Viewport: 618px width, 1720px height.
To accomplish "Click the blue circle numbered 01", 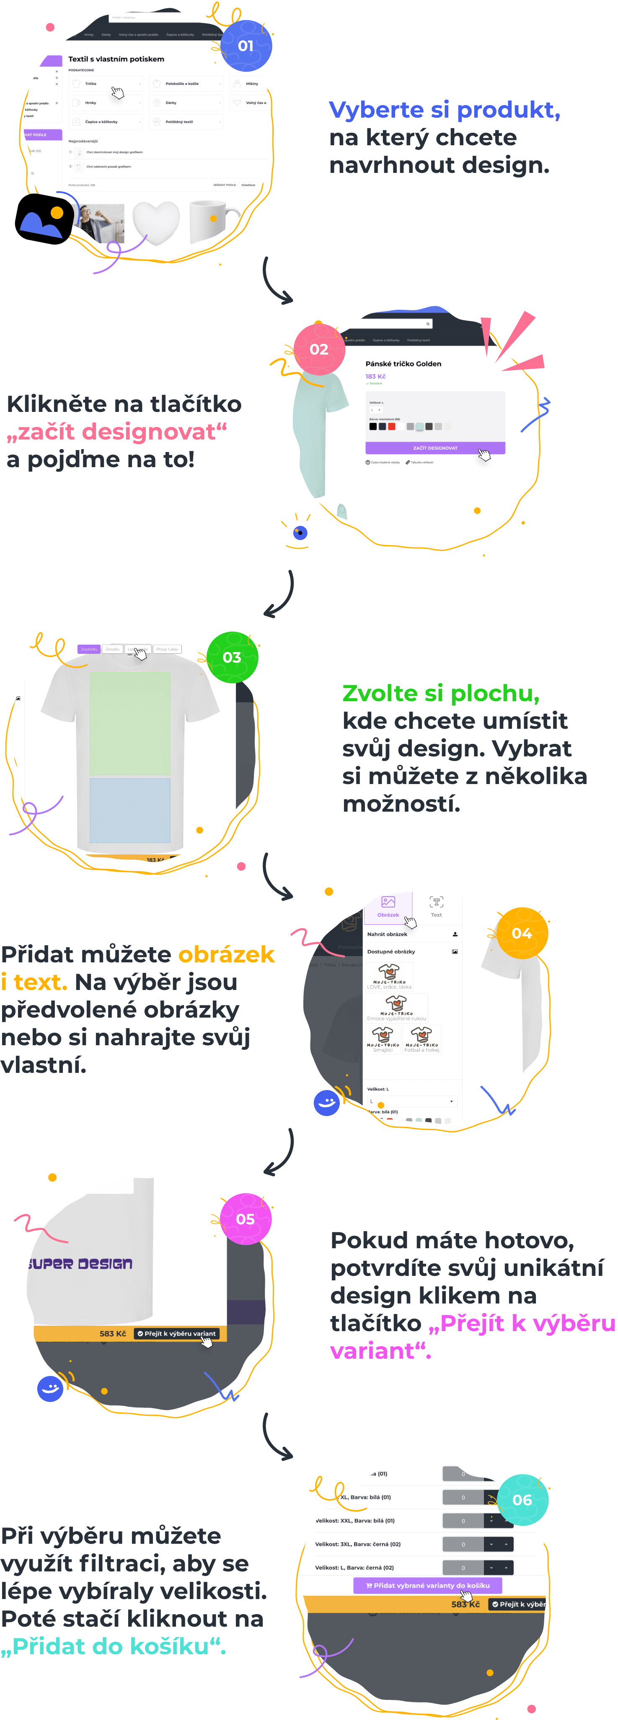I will point(246,45).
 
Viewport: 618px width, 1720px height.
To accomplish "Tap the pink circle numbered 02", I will point(319,349).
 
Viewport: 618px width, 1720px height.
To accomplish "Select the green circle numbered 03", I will point(232,657).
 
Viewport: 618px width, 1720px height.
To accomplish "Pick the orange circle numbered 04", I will point(522,933).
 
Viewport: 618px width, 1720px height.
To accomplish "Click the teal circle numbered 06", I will point(522,1500).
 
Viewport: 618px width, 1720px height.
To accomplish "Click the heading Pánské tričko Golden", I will point(403,364).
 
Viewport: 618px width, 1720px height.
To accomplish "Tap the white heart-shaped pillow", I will point(156,222).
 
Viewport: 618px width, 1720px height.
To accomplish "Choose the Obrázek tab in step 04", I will point(388,907).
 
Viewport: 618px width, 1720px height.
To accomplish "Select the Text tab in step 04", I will point(436,907).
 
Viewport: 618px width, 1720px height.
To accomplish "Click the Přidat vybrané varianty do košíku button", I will point(428,1585).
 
